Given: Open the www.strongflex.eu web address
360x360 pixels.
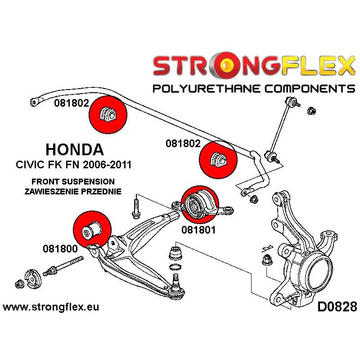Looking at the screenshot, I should pos(51,308).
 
